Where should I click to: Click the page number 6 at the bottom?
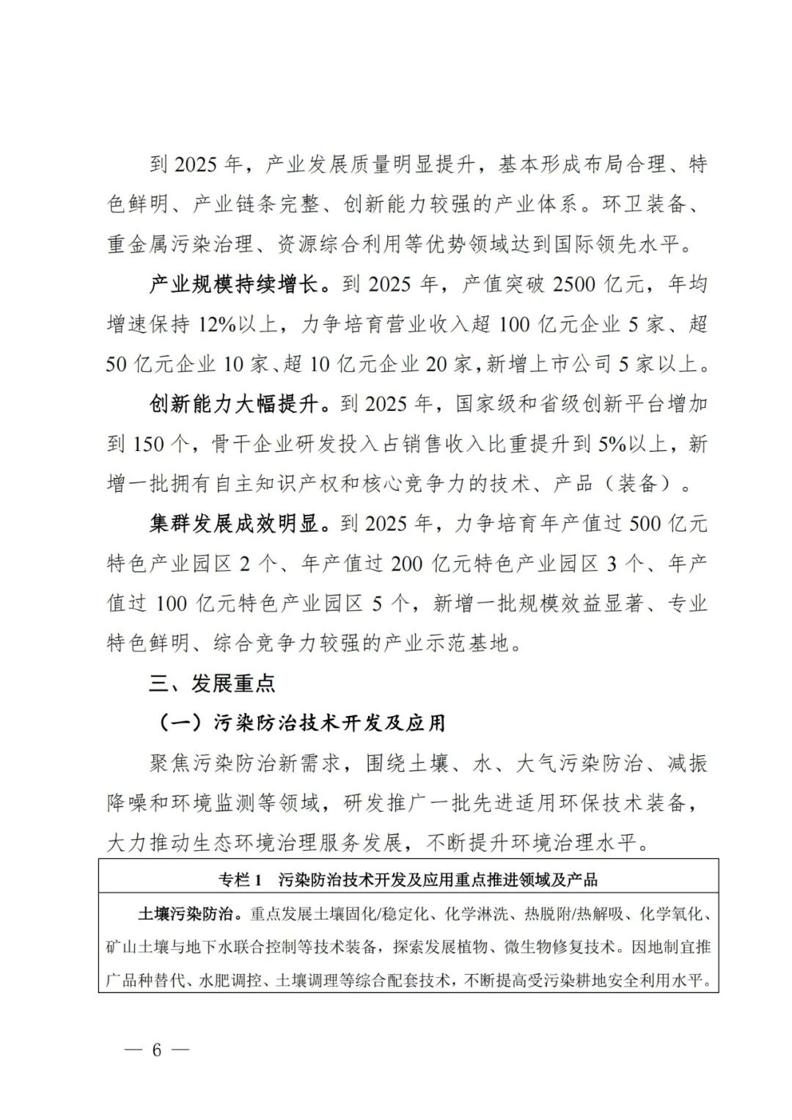(x=155, y=1050)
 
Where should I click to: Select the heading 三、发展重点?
(x=212, y=684)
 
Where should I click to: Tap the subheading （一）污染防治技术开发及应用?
(x=301, y=723)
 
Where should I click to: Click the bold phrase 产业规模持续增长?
(x=234, y=284)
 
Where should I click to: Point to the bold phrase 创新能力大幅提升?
(x=234, y=403)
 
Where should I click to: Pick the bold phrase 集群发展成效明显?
(x=234, y=524)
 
